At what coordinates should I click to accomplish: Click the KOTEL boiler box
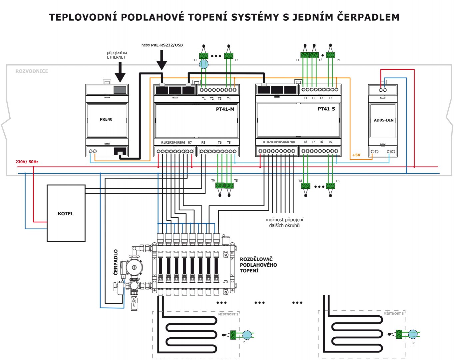(66, 213)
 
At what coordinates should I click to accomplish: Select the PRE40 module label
(106, 119)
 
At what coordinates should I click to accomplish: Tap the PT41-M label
(225, 109)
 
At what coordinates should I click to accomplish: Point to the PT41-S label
(326, 109)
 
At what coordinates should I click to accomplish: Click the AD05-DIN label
(384, 120)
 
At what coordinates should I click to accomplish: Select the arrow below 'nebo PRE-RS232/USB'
(162, 60)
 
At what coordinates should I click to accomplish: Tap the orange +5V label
(356, 155)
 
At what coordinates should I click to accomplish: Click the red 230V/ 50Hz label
(27, 162)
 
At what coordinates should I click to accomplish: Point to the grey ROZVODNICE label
(32, 71)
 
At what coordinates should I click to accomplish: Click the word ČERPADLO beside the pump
(116, 262)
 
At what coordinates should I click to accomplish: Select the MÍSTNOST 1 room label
(228, 314)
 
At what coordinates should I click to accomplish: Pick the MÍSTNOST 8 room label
(394, 314)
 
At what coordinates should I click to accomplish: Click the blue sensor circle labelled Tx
(413, 334)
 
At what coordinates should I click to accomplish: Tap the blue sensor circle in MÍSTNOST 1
(247, 335)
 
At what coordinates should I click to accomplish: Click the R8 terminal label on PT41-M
(203, 143)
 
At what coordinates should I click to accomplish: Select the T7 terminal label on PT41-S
(313, 142)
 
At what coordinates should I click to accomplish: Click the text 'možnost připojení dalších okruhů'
(284, 223)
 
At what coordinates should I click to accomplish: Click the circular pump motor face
(134, 267)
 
